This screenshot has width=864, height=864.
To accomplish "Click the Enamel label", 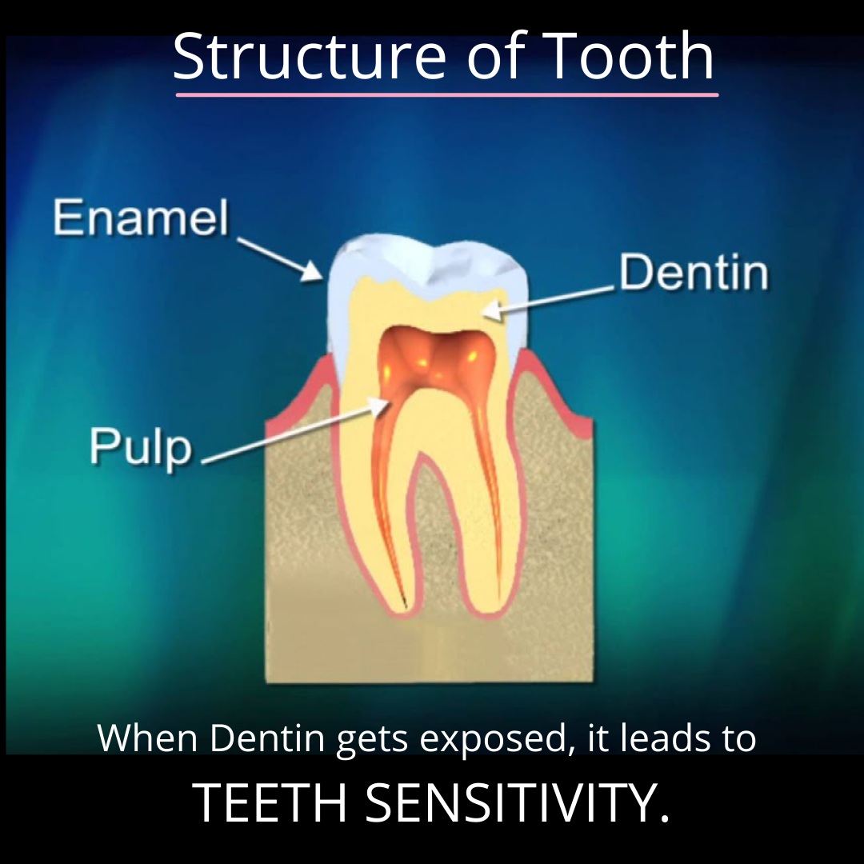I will point(141,218).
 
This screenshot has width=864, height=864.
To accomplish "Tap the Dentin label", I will point(693,274).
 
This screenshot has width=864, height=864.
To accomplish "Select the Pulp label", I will point(141,446).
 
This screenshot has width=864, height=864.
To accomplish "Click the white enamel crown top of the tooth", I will point(424,254).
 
